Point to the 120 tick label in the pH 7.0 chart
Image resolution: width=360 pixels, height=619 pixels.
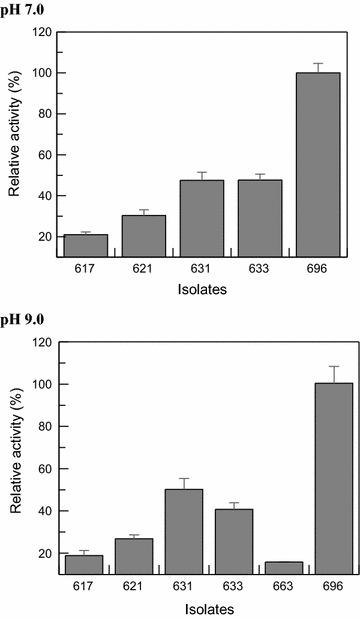point(40,31)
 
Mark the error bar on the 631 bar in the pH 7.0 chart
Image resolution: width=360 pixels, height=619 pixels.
point(201,176)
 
